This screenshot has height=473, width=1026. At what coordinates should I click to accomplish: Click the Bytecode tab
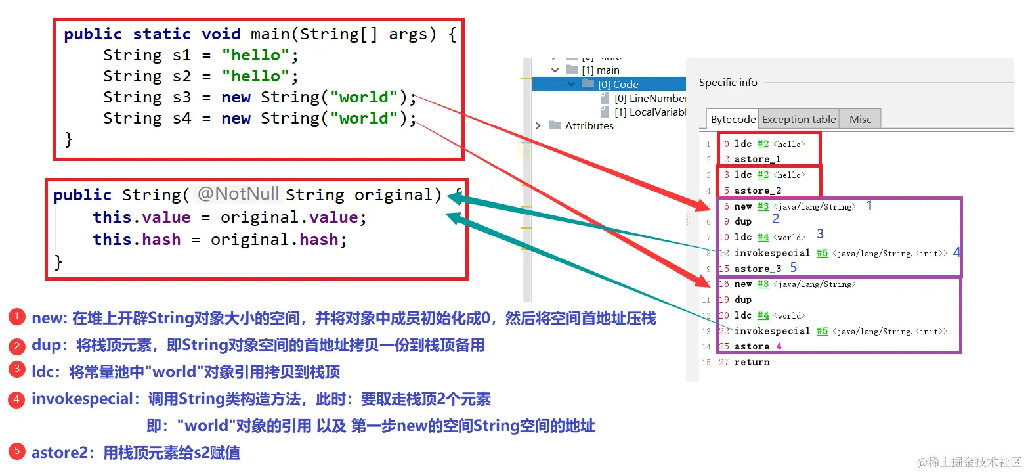click(x=733, y=120)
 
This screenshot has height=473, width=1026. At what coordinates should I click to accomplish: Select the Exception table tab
click(x=799, y=120)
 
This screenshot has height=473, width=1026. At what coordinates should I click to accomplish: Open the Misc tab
click(x=860, y=120)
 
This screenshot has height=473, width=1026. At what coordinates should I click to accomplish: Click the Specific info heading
click(x=728, y=83)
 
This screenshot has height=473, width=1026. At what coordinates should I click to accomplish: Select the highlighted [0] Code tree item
click(x=618, y=84)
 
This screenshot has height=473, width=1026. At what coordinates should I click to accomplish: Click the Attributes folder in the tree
click(x=589, y=126)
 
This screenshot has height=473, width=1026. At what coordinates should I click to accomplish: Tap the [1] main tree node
click(x=600, y=70)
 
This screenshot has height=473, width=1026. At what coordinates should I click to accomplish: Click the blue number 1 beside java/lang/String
click(x=870, y=206)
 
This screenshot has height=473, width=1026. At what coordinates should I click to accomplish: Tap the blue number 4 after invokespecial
click(x=956, y=252)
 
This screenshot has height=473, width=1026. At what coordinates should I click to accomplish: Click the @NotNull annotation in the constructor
click(x=238, y=194)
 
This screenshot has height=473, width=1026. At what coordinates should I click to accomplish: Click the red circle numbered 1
click(x=16, y=317)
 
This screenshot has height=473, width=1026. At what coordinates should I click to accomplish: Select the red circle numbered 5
click(x=16, y=451)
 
